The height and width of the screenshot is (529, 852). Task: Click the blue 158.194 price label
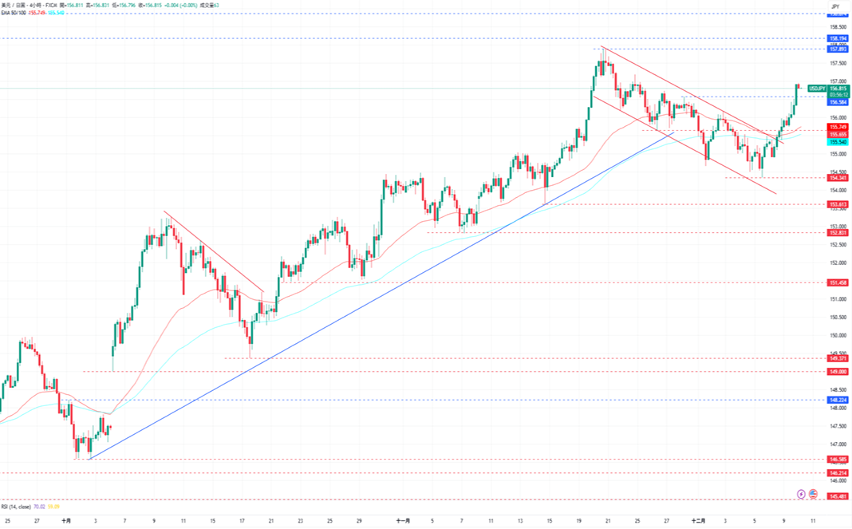click(x=837, y=38)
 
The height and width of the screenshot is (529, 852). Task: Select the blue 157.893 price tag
click(x=837, y=49)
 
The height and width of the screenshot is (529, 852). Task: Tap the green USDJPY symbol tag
click(x=817, y=88)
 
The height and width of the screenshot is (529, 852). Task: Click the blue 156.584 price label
click(x=837, y=101)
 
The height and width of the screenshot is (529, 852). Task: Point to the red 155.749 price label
click(x=837, y=127)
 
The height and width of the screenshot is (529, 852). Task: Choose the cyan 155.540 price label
click(x=837, y=141)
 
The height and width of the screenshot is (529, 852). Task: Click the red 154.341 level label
click(x=837, y=177)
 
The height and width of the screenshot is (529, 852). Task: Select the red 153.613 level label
click(x=837, y=204)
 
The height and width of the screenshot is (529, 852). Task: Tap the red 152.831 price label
click(x=837, y=232)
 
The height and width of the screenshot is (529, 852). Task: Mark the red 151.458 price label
click(x=837, y=282)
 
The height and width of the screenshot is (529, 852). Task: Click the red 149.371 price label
click(x=837, y=358)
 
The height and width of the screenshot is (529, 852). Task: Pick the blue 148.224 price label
click(x=837, y=400)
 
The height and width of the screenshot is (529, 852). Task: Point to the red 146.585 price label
click(x=837, y=460)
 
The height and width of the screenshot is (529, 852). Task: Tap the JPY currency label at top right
click(x=835, y=6)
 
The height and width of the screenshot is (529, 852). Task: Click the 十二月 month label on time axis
click(x=699, y=520)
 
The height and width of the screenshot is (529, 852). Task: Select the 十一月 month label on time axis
click(x=403, y=520)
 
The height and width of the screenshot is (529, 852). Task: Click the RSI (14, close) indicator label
click(x=16, y=506)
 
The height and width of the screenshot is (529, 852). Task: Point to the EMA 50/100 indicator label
click(x=14, y=14)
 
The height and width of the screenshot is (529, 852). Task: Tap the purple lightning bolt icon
click(x=802, y=495)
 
